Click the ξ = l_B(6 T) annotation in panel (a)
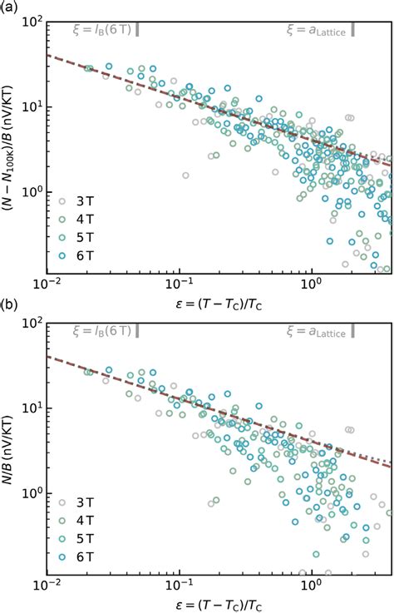click(x=102, y=29)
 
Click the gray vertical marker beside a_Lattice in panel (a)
click(x=353, y=29)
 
